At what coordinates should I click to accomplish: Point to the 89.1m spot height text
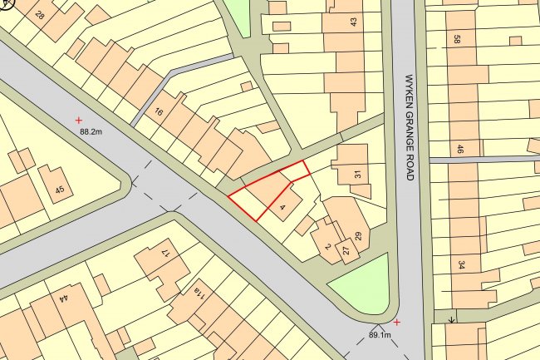pyautogui.click(x=380, y=335)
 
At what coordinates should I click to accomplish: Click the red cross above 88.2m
pyautogui.click(x=79, y=121)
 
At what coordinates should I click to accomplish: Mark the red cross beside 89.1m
pyautogui.click(x=397, y=322)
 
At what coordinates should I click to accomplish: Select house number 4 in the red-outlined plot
pyautogui.click(x=283, y=206)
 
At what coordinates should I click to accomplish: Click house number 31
pyautogui.click(x=358, y=175)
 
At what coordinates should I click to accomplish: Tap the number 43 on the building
pyautogui.click(x=354, y=22)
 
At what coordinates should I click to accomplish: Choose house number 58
pyautogui.click(x=458, y=39)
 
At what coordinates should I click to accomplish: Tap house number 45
pyautogui.click(x=59, y=190)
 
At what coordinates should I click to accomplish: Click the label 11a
pyautogui.click(x=199, y=291)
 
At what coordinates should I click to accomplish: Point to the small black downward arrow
pyautogui.click(x=451, y=318)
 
